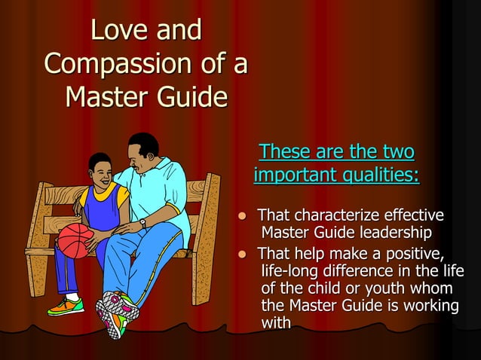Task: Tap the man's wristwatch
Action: (x=142, y=223)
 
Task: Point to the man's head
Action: (x=142, y=153)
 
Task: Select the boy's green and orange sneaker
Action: (x=66, y=307)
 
